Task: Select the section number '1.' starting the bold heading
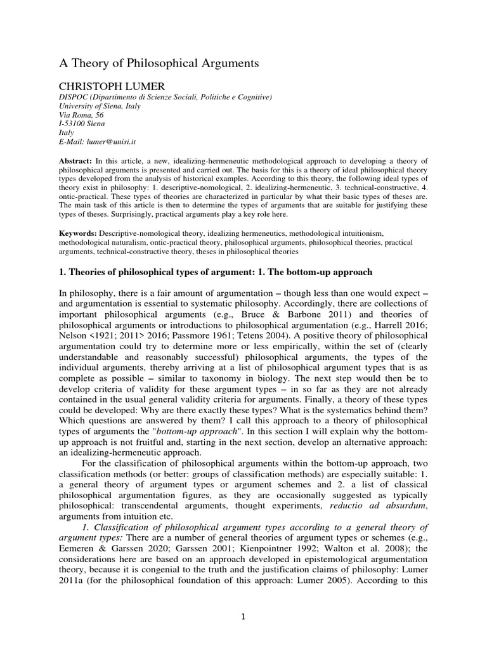(x=62, y=272)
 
